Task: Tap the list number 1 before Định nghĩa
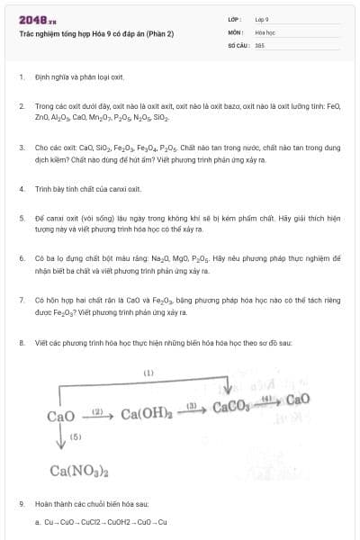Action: [21, 77]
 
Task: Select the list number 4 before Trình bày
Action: [21, 189]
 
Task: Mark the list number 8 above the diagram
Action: [21, 344]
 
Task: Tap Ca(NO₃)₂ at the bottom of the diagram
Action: [79, 471]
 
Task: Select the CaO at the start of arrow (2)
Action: [60, 416]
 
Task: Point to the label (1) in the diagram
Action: [148, 373]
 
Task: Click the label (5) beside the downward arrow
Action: [76, 436]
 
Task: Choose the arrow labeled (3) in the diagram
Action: [191, 409]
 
